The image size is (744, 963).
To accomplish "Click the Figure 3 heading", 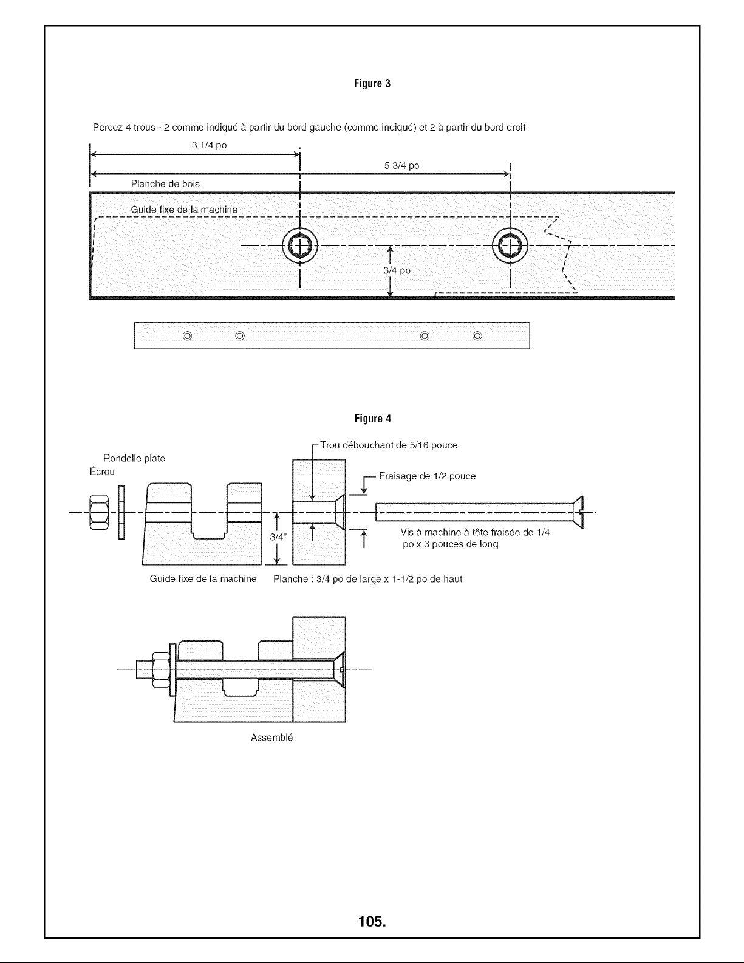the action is pyautogui.click(x=372, y=84).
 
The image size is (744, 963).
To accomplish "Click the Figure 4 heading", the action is pyautogui.click(x=372, y=419).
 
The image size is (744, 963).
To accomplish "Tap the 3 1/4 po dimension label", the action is pyautogui.click(x=209, y=145).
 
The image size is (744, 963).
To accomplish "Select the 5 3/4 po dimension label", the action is pyautogui.click(x=401, y=166).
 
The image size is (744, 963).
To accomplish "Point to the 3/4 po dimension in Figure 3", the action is pyautogui.click(x=397, y=270).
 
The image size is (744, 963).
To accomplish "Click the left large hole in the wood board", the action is pyautogui.click(x=300, y=245).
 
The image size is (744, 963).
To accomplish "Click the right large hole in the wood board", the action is pyautogui.click(x=510, y=245).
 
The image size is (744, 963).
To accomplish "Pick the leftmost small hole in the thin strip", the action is pyautogui.click(x=187, y=336).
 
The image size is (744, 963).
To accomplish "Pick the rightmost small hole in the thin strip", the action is pyautogui.click(x=477, y=336).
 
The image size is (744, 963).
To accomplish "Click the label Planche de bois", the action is pyautogui.click(x=165, y=184).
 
